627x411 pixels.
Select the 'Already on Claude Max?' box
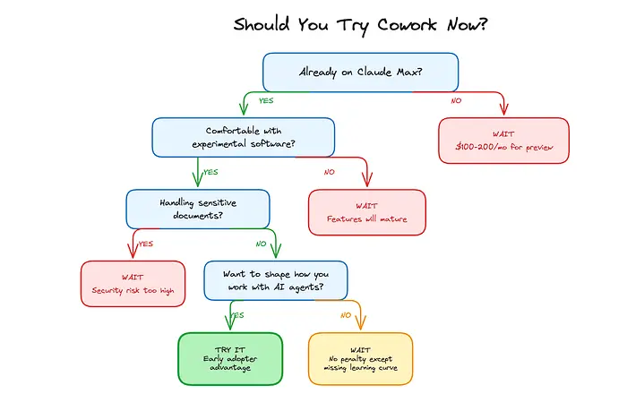(x=360, y=72)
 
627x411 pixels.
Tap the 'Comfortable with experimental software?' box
(x=243, y=138)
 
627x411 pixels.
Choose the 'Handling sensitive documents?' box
(x=197, y=208)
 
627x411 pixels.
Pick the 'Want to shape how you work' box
(x=275, y=279)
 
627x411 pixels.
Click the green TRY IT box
(x=230, y=359)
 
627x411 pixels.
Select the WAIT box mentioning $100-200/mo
(x=503, y=141)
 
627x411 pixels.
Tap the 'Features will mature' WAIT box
(x=366, y=212)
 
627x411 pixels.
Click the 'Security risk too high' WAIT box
(x=133, y=284)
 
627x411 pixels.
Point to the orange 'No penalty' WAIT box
(x=360, y=359)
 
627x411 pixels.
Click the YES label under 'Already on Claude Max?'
(x=265, y=101)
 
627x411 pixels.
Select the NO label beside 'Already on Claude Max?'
(x=456, y=100)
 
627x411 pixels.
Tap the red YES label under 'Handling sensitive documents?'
(x=146, y=243)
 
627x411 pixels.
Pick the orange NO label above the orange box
(x=345, y=314)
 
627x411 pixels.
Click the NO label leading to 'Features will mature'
(x=329, y=172)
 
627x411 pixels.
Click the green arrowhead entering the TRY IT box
(x=230, y=329)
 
